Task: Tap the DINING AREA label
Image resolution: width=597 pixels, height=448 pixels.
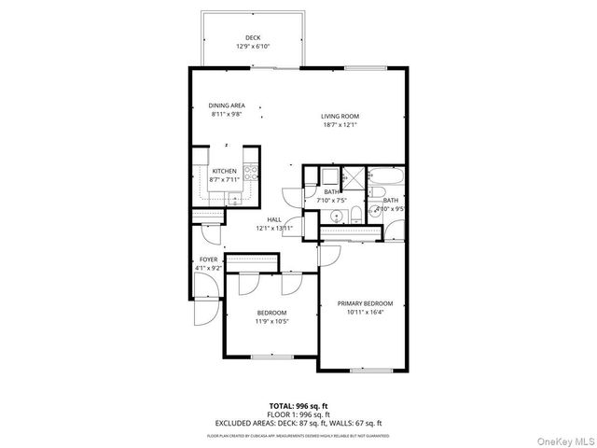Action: (x=226, y=105)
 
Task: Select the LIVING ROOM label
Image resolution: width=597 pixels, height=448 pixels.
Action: (x=340, y=117)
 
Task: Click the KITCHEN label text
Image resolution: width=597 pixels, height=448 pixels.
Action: (x=224, y=171)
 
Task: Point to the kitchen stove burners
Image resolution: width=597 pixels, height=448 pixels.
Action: (x=250, y=172)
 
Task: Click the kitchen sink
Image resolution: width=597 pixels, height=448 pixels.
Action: (x=233, y=198)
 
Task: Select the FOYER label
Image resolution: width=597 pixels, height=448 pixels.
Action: (x=208, y=259)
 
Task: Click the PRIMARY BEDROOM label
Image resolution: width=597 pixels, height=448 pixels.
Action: (x=365, y=303)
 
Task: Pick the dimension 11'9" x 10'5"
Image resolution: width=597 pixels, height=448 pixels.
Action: (x=272, y=321)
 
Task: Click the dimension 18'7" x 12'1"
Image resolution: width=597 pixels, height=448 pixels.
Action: (x=340, y=125)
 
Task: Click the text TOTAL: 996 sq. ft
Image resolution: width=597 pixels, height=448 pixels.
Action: (x=298, y=405)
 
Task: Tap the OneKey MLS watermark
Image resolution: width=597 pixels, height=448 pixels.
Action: (x=564, y=437)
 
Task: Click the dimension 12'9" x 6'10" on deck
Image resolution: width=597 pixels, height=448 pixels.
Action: (x=252, y=46)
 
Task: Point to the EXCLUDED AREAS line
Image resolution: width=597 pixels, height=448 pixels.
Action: (x=298, y=422)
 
